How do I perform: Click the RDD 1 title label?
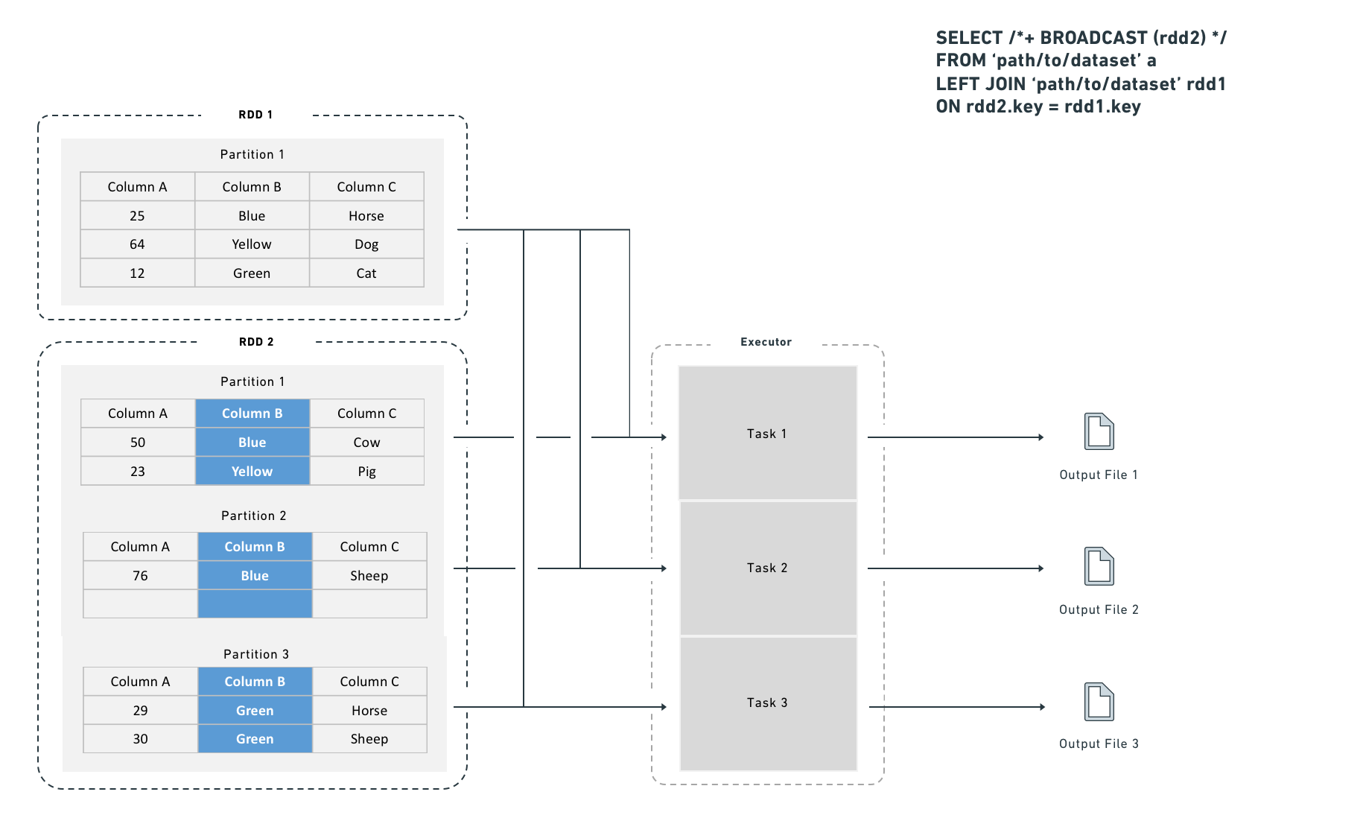click(255, 115)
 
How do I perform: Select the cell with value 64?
click(137, 244)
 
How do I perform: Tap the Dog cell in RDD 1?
click(366, 244)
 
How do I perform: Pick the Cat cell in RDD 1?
click(366, 273)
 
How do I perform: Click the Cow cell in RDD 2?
click(366, 443)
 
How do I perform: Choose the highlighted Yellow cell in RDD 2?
click(252, 472)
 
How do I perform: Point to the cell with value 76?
click(140, 576)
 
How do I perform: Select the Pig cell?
click(366, 472)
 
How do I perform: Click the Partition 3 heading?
click(255, 654)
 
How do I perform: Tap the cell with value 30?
click(140, 739)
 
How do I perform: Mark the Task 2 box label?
click(767, 568)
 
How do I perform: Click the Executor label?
click(766, 342)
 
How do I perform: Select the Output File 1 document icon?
click(1099, 431)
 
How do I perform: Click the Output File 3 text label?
click(1099, 744)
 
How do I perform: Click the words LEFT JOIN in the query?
click(980, 84)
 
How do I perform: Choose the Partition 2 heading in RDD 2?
click(253, 516)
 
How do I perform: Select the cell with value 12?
click(137, 273)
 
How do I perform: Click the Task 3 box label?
click(767, 703)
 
